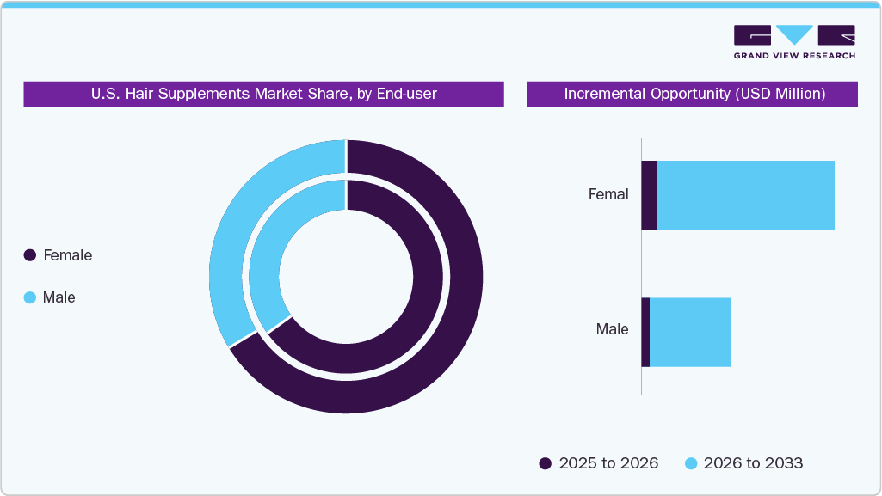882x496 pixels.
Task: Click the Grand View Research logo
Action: point(794,42)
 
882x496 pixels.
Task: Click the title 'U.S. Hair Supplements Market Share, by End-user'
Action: point(263,94)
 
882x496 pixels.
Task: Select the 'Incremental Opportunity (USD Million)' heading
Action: point(694,94)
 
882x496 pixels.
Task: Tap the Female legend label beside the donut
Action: point(67,255)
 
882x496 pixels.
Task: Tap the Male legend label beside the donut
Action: point(59,297)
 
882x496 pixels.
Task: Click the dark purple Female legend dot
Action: point(30,255)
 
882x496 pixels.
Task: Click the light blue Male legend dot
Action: point(30,297)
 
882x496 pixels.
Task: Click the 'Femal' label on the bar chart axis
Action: point(608,194)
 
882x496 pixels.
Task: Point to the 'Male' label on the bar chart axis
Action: point(612,329)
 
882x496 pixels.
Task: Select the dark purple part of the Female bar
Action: point(650,195)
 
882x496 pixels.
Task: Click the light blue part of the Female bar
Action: point(746,195)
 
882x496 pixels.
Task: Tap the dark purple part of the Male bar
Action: point(645,333)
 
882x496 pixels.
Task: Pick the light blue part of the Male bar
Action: point(690,333)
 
